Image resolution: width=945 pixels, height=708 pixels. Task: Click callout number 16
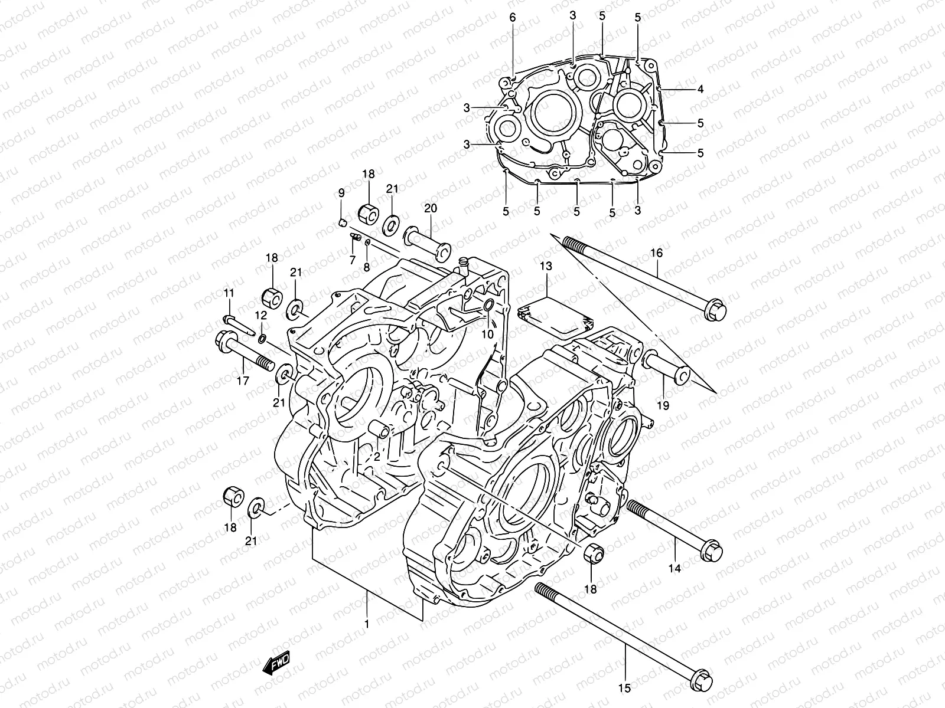pyautogui.click(x=656, y=253)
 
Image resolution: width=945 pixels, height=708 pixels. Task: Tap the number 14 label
pyautogui.click(x=674, y=568)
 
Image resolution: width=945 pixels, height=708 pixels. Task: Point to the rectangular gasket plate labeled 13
pyautogui.click(x=554, y=313)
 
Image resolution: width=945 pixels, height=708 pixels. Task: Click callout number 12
pyautogui.click(x=261, y=316)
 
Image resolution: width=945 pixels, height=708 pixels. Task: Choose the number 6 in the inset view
pyautogui.click(x=513, y=18)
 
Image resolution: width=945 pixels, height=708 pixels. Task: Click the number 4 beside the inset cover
pyautogui.click(x=700, y=90)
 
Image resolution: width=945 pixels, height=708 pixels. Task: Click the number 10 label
pyautogui.click(x=487, y=334)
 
